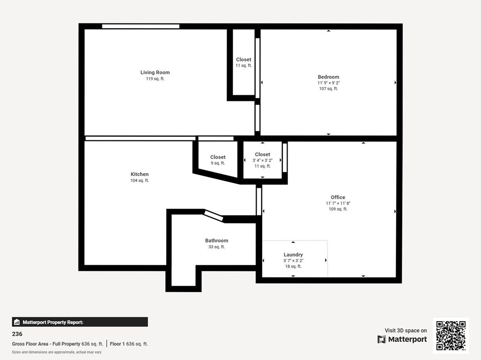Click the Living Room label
point(155,72)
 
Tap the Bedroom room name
point(328,77)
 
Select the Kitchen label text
point(140,174)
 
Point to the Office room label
point(338,197)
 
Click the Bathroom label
point(217,240)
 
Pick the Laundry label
point(293,254)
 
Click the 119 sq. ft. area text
point(155,79)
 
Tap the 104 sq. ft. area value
point(140,181)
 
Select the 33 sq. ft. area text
point(217,247)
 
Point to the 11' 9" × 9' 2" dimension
point(328,83)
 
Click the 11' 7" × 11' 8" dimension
point(338,203)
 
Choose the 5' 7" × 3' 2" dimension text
point(293,260)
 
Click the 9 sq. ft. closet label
point(217,163)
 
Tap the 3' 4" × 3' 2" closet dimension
point(263,160)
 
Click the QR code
point(450,336)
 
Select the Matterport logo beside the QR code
point(402,339)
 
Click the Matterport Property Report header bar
point(80,322)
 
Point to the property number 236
point(17,334)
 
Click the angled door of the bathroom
point(214,215)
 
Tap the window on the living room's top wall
point(141,26)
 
